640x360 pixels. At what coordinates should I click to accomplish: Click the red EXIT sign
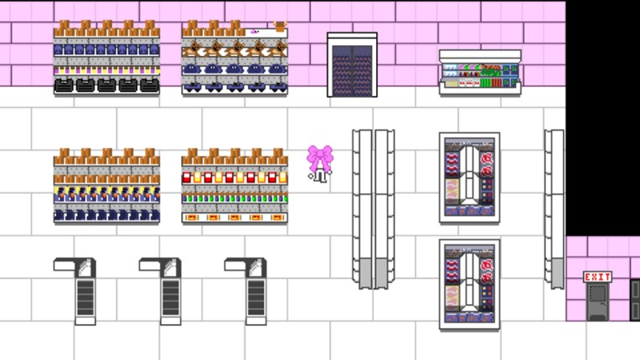tap(596, 277)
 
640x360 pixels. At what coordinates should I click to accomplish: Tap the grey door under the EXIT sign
tap(596, 301)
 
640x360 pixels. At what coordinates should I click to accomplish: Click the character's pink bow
tap(319, 157)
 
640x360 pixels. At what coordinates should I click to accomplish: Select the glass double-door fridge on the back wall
tap(352, 65)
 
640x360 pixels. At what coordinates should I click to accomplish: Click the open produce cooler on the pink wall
tap(480, 72)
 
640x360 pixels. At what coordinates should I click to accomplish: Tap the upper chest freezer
tap(469, 177)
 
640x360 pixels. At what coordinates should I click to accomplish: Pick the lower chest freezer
tap(469, 285)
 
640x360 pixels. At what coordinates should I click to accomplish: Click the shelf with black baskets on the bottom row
tap(106, 59)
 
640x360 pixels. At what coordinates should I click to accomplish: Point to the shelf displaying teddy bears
tap(235, 59)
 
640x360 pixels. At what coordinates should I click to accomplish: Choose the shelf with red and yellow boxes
tap(235, 186)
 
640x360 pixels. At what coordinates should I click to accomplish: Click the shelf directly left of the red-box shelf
tap(106, 186)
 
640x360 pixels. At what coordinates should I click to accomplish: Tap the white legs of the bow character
tap(319, 177)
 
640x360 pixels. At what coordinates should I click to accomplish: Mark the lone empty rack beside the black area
tap(553, 208)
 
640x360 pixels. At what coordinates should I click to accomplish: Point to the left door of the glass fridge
tap(342, 69)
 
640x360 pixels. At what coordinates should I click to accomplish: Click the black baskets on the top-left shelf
tap(106, 85)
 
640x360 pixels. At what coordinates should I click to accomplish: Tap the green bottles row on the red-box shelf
tap(235, 198)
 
